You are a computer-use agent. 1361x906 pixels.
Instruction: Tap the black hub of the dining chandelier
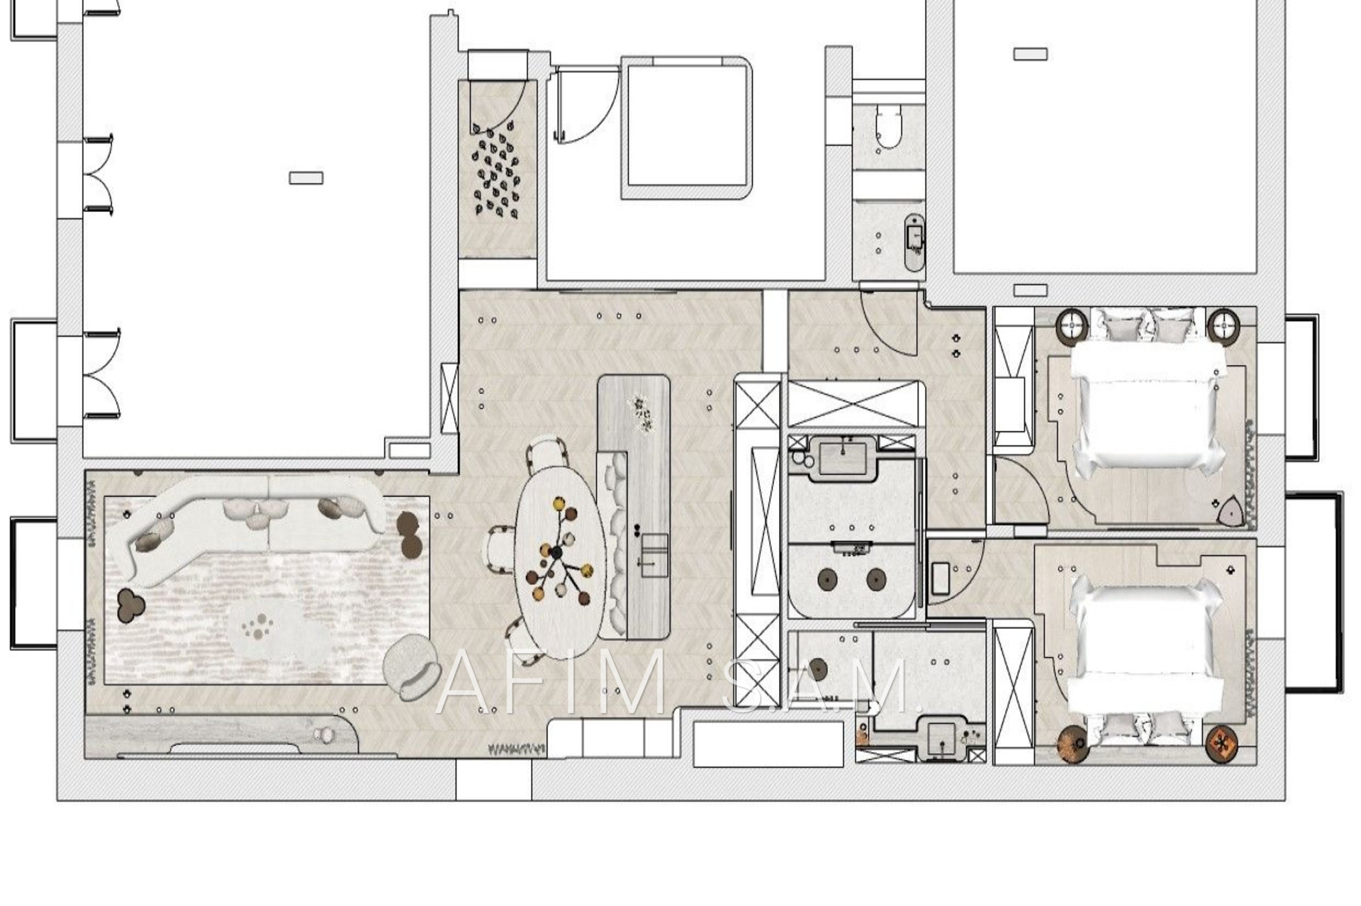point(556,552)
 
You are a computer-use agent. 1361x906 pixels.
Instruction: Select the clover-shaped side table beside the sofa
point(131,605)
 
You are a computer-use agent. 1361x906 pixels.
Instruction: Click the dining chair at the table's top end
point(547,454)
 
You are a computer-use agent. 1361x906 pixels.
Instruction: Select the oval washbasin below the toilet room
point(915,242)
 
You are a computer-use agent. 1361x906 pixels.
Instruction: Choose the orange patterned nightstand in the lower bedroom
point(1221,744)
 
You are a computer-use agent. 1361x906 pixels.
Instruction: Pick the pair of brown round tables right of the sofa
point(409,534)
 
